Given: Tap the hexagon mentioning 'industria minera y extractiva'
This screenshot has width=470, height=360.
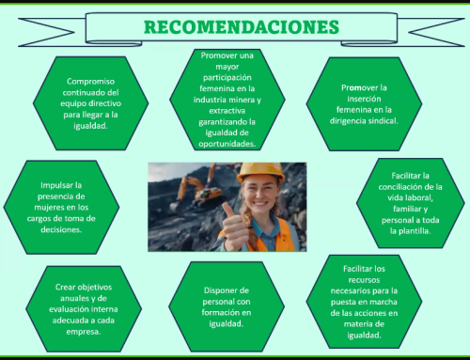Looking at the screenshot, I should pos(227,100).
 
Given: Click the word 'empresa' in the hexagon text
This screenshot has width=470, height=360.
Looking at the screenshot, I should pos(91,332).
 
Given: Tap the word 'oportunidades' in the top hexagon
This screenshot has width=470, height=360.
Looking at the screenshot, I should pos(227,144).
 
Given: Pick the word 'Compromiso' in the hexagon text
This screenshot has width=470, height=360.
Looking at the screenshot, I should pos(91,82).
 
